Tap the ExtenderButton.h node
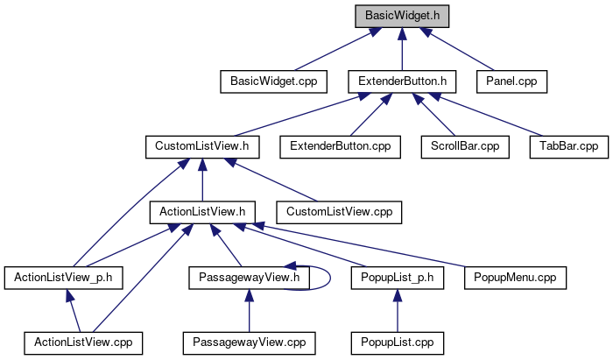click(403, 81)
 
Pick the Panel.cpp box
click(511, 81)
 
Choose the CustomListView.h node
click(201, 146)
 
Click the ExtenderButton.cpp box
click(341, 146)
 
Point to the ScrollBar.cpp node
click(464, 146)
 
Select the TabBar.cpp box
click(568, 146)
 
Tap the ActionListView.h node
click(202, 211)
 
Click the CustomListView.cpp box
click(339, 211)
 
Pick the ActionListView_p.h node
click(63, 277)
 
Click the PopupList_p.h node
click(398, 277)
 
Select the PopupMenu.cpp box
click(515, 277)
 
